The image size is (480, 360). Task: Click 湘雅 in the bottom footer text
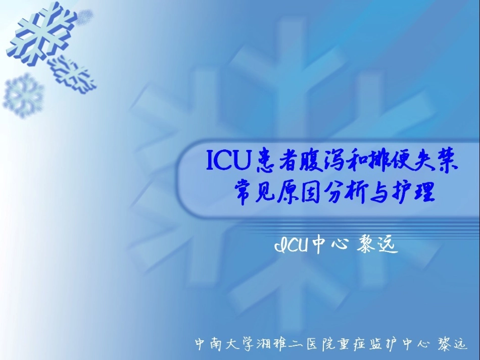click(x=277, y=345)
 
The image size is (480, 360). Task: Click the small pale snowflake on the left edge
click(x=23, y=95)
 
